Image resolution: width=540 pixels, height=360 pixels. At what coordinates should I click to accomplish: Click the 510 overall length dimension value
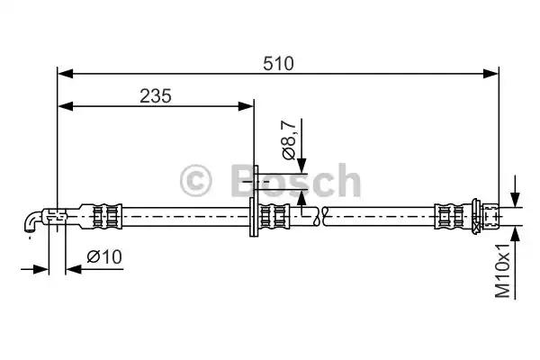click(278, 64)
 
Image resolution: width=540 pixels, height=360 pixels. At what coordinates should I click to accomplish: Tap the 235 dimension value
click(156, 96)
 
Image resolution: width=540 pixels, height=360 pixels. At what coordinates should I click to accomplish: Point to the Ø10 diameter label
click(104, 256)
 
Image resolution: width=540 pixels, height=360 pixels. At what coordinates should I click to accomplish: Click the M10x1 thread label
click(502, 271)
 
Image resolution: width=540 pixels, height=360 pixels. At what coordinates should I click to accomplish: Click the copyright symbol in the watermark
click(195, 181)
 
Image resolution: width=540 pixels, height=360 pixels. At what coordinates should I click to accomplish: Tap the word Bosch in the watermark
click(296, 180)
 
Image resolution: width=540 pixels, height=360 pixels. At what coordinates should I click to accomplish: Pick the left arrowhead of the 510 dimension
click(66, 74)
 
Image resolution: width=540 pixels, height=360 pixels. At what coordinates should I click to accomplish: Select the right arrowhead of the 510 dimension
click(490, 74)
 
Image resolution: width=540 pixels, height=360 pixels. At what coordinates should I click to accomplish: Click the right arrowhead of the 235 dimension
click(246, 106)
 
